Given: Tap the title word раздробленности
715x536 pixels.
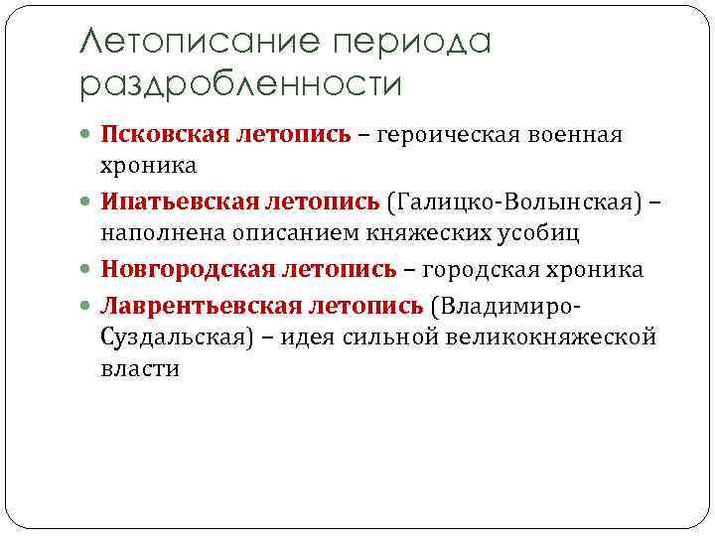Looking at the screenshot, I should tap(240, 85).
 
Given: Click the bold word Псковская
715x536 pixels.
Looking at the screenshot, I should tap(166, 134).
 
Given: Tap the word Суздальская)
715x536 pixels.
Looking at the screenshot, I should tap(178, 336).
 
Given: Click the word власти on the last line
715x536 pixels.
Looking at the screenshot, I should tap(139, 369).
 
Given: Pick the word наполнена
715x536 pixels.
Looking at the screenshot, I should tap(156, 232).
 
